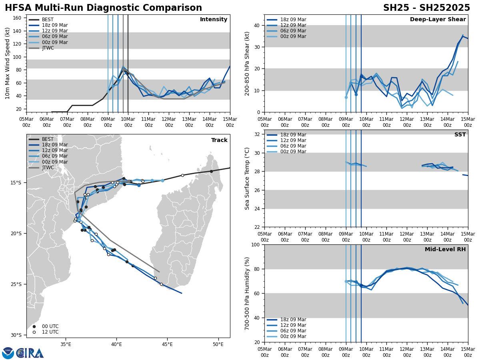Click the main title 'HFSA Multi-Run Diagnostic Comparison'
coord(103,8)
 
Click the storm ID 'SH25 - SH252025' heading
coord(426,8)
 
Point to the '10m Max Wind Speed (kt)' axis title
coord(8,63)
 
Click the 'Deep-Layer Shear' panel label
coord(438,20)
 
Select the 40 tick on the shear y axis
coord(257,25)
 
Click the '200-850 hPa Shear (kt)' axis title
coord(247,63)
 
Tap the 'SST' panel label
coord(460,135)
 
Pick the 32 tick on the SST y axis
coord(257,134)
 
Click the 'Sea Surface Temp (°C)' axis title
coord(247,178)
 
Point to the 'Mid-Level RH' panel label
coord(445,250)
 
